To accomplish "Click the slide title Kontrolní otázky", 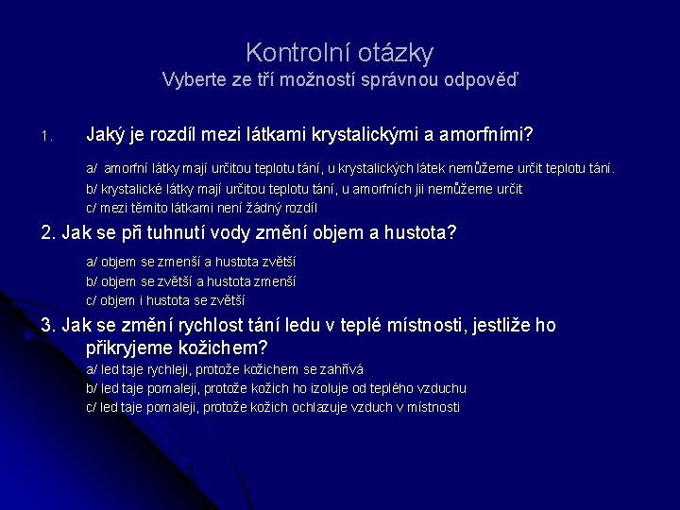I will [339, 51].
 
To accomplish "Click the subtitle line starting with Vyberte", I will [339, 79].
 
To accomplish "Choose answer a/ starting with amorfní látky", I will [349, 169].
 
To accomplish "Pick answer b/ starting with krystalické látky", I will [304, 189].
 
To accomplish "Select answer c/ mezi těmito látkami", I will [202, 208].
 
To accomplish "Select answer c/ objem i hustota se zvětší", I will [165, 300].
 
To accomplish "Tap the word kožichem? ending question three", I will [223, 347].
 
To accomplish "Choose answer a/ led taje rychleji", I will [225, 369].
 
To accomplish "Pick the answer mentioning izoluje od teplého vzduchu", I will [276, 388].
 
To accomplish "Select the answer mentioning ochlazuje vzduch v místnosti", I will [273, 407].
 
